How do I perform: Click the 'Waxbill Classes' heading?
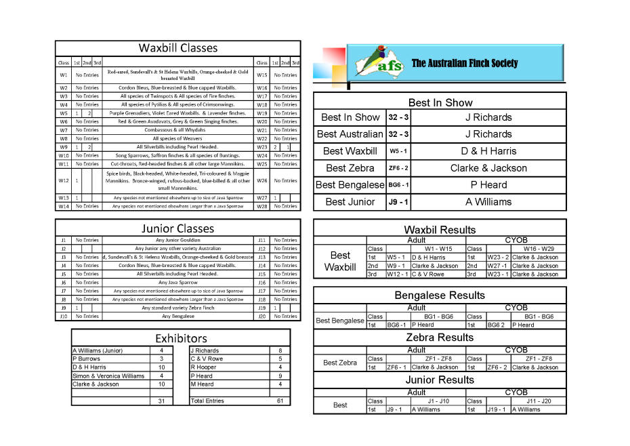(178, 48)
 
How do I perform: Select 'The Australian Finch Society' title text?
(465, 64)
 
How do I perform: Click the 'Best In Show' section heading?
(440, 102)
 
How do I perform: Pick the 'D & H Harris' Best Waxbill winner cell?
(488, 151)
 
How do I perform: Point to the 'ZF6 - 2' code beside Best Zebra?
(398, 168)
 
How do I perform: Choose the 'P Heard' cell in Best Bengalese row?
(488, 185)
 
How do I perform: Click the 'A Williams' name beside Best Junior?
(488, 202)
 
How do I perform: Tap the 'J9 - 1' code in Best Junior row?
(398, 202)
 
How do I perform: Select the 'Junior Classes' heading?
(178, 228)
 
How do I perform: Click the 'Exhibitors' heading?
(181, 338)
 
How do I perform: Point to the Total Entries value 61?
(279, 401)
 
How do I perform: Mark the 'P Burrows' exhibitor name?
(86, 359)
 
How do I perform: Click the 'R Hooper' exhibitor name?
(203, 367)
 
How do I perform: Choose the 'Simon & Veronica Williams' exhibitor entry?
(108, 376)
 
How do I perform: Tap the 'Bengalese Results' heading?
(440, 296)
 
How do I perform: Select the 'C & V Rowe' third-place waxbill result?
(428, 275)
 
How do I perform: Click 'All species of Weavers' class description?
(178, 138)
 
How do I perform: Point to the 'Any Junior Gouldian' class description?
(178, 240)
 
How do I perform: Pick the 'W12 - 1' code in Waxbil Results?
(397, 275)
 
